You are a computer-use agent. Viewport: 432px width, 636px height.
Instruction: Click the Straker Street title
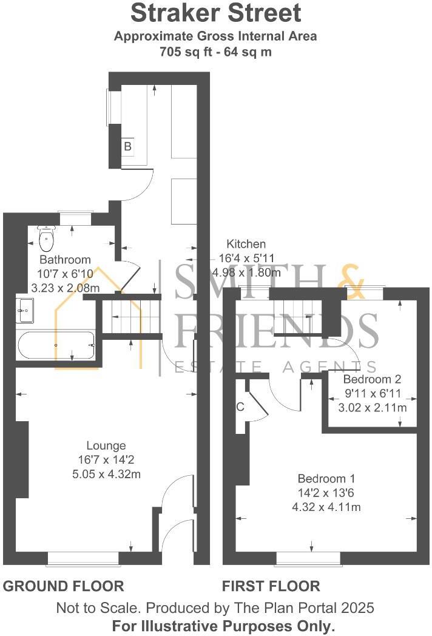[215, 13]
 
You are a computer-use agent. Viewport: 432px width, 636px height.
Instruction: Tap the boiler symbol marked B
[127, 146]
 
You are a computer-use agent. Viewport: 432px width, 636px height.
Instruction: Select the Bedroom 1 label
[326, 477]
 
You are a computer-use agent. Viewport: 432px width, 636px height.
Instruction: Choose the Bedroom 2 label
[372, 379]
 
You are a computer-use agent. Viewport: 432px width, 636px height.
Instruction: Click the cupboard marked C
[241, 407]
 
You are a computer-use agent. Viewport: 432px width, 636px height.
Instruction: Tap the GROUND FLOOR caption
[64, 586]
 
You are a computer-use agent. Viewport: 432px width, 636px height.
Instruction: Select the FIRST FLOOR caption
[271, 586]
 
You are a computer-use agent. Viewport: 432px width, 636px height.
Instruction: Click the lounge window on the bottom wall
[83, 558]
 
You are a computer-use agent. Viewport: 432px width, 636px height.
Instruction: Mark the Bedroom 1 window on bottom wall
[308, 558]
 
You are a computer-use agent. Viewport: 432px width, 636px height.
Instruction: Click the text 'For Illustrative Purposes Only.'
[223, 625]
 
